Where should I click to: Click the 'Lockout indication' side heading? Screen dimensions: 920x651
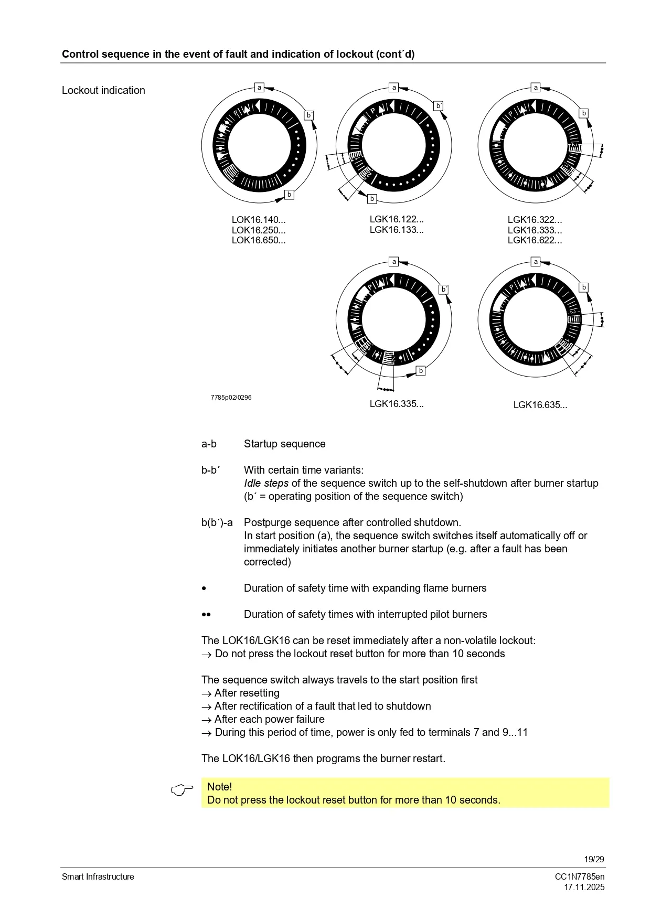point(103,90)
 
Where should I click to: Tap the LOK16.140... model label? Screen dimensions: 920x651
point(259,220)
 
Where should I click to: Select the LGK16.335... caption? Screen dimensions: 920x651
point(396,404)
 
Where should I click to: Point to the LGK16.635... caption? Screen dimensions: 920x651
point(540,405)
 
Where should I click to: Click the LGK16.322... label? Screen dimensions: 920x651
point(535,220)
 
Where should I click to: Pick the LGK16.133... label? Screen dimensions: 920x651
point(396,230)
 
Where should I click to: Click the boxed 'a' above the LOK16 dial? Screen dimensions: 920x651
point(259,88)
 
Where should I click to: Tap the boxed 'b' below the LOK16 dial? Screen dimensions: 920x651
point(289,195)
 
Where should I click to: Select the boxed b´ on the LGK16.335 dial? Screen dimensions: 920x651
point(444,290)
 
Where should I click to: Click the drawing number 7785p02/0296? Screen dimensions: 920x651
point(231,398)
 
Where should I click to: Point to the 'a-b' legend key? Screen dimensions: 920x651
point(209,444)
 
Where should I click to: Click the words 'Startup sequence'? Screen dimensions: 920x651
point(284,444)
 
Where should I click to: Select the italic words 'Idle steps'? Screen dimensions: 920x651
point(266,484)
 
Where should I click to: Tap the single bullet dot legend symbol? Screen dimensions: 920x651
point(204,589)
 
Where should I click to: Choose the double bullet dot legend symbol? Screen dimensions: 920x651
point(206,615)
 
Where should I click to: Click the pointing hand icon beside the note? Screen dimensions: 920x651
point(182,790)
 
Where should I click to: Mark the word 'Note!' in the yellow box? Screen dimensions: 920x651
point(219,787)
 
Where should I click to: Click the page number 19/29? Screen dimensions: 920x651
point(594,860)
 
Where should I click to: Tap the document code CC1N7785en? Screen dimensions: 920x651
point(580,877)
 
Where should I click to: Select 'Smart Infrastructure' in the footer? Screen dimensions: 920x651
point(98,877)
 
